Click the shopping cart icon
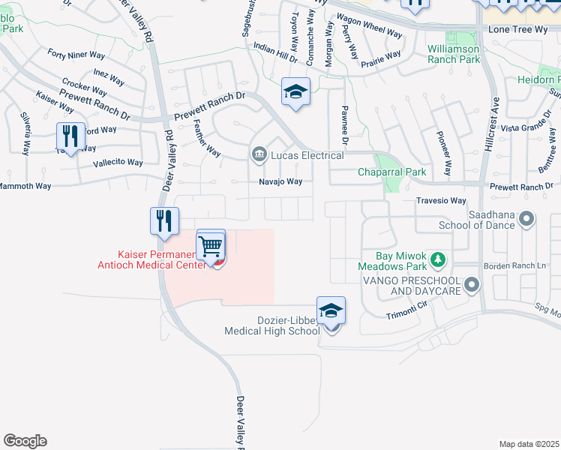pos(211,245)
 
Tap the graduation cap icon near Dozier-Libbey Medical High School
pos(331,310)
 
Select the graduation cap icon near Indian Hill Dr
pos(295,92)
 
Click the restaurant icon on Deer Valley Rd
pos(163,220)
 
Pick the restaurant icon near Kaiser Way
pos(70,136)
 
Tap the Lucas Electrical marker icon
pos(259,155)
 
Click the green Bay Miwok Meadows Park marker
pos(438,260)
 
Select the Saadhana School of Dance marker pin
pos(526,219)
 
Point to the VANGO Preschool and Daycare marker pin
pos(471,284)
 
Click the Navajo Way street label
pos(280,181)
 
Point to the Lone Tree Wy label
pos(519,29)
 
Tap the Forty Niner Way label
pos(76,54)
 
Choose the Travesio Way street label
pos(442,201)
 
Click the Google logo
pos(25,441)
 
